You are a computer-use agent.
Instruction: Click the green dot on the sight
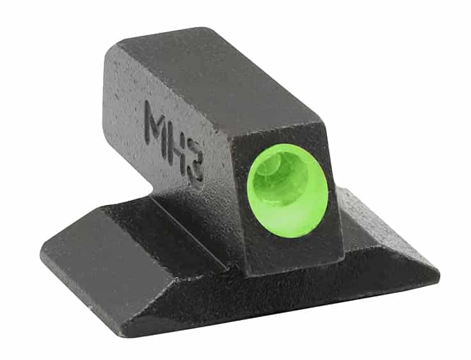click(x=287, y=190)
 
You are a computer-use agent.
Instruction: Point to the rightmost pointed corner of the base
click(x=439, y=274)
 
